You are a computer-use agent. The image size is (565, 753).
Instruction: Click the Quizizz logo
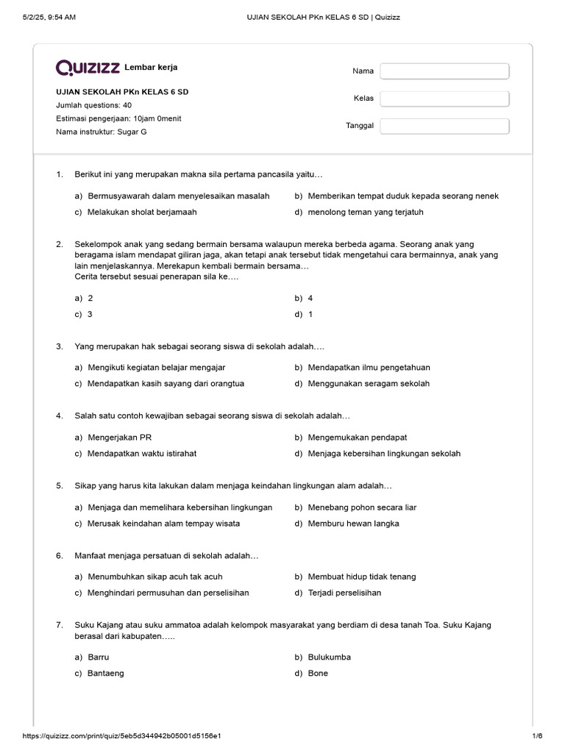88,68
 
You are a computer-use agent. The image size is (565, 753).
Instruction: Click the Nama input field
444,71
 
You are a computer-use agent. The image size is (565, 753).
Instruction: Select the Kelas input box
444,99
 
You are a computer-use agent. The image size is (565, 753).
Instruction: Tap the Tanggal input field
444,126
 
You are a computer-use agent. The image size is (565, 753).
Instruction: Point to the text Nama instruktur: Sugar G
102,132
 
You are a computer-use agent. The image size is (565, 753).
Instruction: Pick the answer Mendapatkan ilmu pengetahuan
369,367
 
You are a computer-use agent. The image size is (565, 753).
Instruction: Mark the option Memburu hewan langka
354,523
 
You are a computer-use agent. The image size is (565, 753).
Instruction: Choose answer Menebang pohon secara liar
362,507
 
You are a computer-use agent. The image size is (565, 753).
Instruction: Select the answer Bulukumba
329,657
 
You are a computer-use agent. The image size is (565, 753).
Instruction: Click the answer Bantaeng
105,673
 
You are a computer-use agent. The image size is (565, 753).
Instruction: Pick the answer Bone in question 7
318,673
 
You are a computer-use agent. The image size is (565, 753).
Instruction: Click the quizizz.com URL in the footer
122,735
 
